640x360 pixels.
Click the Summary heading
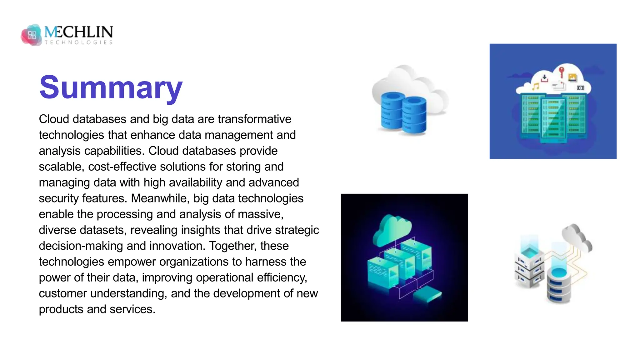pos(111,88)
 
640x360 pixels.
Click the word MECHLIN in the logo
pos(79,32)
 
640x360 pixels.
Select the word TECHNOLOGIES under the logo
pos(79,42)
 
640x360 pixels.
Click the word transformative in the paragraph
pos(254,119)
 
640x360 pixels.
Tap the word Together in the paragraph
pos(232,246)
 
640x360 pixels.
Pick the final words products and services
pos(97,309)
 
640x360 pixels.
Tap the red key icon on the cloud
pos(561,72)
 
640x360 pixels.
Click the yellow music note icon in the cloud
pos(536,86)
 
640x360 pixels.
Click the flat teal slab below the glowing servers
pos(427,294)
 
